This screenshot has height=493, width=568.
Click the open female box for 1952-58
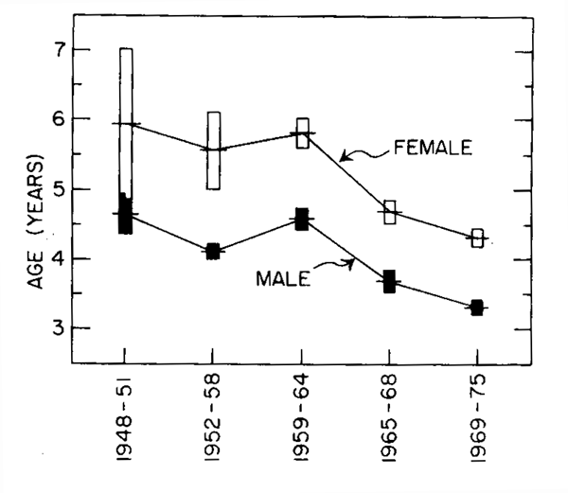[214, 150]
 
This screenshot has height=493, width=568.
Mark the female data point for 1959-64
[302, 133]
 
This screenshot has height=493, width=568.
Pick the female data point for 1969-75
[478, 238]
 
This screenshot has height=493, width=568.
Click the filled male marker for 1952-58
[213, 251]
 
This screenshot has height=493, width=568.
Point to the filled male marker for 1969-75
[477, 308]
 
